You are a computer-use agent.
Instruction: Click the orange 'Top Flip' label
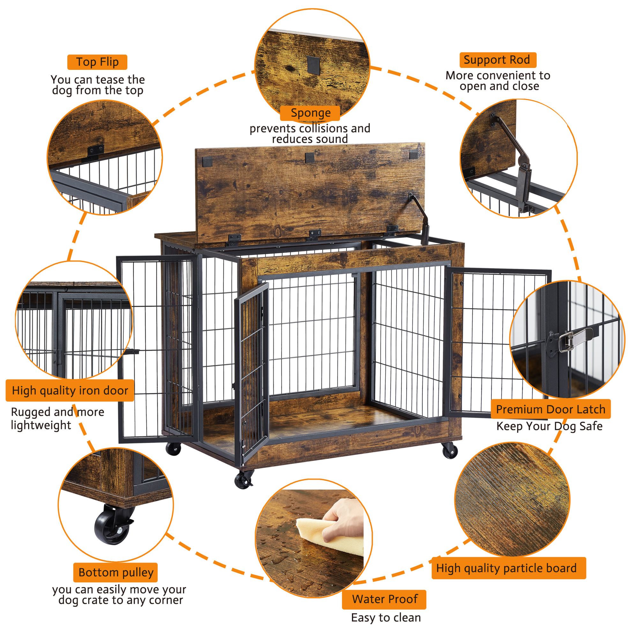click(x=97, y=62)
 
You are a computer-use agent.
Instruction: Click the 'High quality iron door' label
click(x=70, y=390)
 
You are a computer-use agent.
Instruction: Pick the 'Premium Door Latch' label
click(x=550, y=409)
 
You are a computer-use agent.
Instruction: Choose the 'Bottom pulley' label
click(x=116, y=572)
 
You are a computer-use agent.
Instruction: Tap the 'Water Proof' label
click(x=384, y=599)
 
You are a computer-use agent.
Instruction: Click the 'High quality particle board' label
click(x=509, y=568)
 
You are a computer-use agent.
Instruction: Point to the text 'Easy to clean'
click(x=386, y=618)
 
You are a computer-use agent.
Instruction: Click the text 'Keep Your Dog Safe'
click(x=549, y=426)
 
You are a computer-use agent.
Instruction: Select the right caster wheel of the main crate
click(x=450, y=450)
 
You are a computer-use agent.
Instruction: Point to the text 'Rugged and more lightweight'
click(x=57, y=418)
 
